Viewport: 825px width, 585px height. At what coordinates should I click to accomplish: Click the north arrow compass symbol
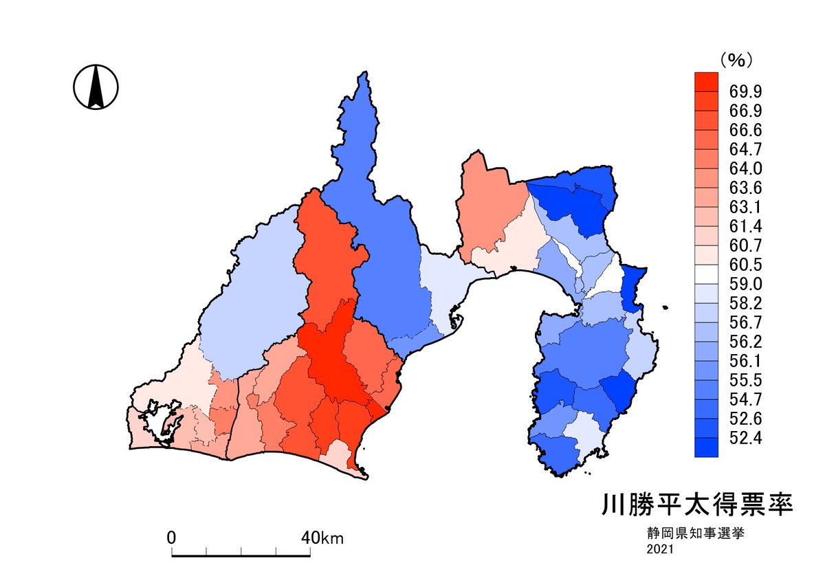click(96, 87)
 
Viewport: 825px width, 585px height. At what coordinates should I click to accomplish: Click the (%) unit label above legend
click(736, 60)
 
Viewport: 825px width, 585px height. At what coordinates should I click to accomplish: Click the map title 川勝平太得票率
click(697, 505)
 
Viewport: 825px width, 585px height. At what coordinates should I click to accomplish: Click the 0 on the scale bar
click(172, 537)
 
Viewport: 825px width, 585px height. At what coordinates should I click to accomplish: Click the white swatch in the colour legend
click(707, 274)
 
